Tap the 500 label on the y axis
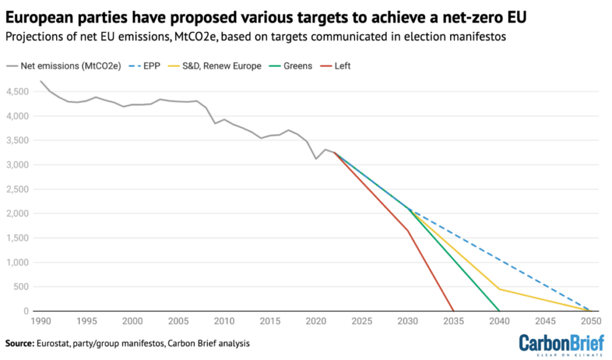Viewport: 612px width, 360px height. pos(24,287)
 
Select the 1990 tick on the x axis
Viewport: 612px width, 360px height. pos(41,321)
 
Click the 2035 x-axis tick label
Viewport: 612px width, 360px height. pos(454,321)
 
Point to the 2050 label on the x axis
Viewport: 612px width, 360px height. pos(590,321)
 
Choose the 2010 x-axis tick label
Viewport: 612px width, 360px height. pos(224,321)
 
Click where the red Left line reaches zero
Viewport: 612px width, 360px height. pos(454,311)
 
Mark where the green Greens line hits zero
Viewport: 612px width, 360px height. pos(499,311)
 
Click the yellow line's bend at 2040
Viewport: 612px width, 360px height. pos(499,289)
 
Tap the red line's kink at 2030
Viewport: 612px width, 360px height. pos(408,230)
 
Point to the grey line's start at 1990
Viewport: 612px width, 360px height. pos(41,81)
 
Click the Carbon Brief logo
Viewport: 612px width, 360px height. pos(556,344)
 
